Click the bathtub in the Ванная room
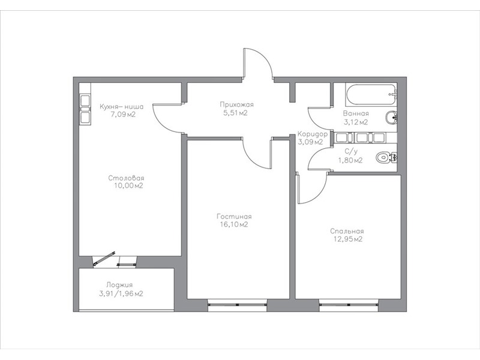point(371,94)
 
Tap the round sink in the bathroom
point(391,118)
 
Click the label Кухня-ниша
point(122,107)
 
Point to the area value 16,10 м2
point(234,224)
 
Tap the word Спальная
point(347,232)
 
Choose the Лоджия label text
point(119,285)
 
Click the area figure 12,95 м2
point(348,239)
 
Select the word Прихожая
point(236,104)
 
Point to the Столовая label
point(126,178)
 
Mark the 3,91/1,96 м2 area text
point(121,294)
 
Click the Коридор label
point(313,134)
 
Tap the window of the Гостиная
point(237,305)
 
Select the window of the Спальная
point(349,305)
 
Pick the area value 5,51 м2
point(235,113)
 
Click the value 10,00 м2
point(128,186)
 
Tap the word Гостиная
point(234,217)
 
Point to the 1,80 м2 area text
point(350,160)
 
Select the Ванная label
point(356,113)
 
